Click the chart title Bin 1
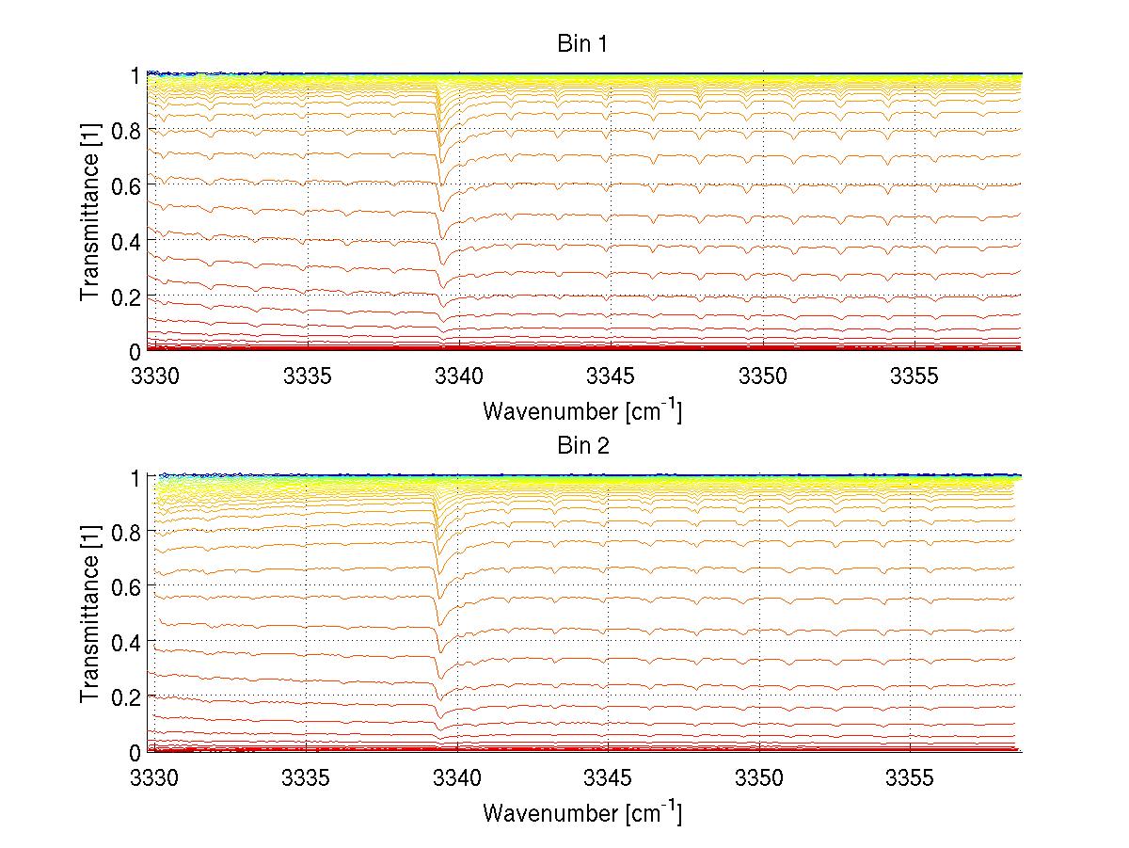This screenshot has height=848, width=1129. coord(583,44)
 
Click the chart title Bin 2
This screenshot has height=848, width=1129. coord(583,446)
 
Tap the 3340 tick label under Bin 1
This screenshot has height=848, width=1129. coord(459,376)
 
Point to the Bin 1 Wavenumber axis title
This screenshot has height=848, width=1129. coord(582,410)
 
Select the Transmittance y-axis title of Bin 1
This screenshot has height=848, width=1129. coord(90,213)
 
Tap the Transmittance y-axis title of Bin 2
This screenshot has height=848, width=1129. coord(90,614)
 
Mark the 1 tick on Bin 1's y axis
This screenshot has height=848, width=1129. coord(135,74)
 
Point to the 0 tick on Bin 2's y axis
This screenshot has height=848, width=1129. coord(135,752)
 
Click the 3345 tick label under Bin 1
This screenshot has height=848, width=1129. coord(611,376)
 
